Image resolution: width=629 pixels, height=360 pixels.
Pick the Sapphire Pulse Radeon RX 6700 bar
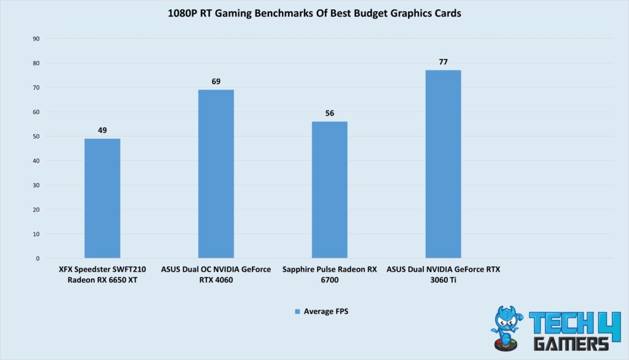point(329,190)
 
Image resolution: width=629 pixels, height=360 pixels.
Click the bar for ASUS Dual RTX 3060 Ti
point(443,164)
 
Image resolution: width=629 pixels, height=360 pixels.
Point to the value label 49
point(102,130)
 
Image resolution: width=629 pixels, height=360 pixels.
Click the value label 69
point(216,81)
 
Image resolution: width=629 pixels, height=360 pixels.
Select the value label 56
point(329,113)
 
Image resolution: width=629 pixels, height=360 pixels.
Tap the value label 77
point(443,61)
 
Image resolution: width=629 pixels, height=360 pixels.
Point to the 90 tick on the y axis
point(36,39)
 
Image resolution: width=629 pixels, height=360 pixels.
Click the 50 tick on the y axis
point(36,136)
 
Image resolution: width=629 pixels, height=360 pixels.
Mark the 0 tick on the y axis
point(37,259)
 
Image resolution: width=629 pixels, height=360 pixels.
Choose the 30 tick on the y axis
point(36,186)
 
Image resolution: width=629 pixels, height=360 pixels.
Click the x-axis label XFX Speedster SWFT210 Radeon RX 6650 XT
point(102,275)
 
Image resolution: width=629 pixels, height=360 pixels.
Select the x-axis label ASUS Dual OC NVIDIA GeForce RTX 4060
point(216,275)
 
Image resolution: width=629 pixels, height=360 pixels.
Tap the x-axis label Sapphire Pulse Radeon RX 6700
point(329,275)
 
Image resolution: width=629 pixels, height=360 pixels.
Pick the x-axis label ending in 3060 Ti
point(443,275)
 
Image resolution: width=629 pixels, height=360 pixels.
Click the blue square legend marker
point(297,312)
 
